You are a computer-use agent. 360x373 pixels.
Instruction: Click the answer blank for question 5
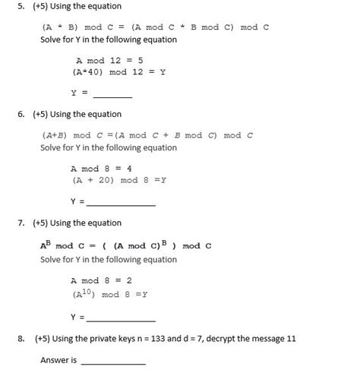click(x=112, y=96)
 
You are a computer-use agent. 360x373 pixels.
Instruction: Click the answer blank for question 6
click(x=122, y=204)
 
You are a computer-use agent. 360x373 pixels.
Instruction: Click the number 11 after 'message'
click(x=291, y=340)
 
